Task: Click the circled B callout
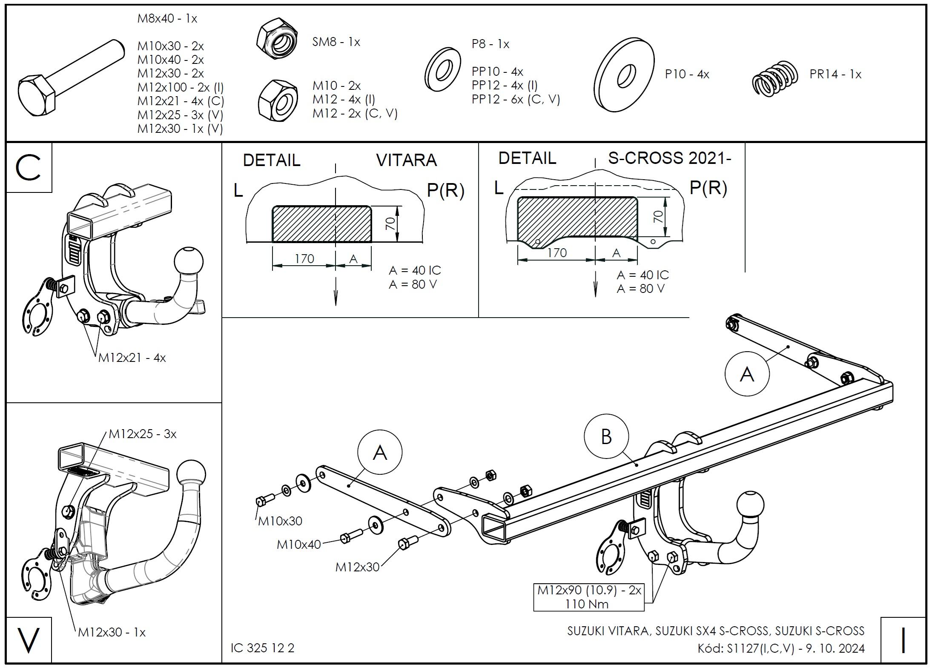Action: coord(606,437)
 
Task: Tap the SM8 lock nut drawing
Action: coord(277,39)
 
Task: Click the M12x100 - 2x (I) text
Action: coord(181,87)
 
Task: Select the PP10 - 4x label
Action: coord(497,72)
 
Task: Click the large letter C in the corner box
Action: coord(28,167)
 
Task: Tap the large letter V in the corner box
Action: coord(28,640)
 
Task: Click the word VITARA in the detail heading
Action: coord(406,160)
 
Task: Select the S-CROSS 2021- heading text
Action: coord(669,158)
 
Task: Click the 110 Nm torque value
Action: coord(587,604)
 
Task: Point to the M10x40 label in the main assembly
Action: coord(298,545)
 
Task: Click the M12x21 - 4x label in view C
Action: coord(132,358)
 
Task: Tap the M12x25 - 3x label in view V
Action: coord(142,434)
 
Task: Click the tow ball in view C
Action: coord(189,261)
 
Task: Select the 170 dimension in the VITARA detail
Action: coord(304,258)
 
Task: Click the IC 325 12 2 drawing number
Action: coord(262,648)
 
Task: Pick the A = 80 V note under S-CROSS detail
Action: coord(640,289)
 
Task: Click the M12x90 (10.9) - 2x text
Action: coord(589,590)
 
